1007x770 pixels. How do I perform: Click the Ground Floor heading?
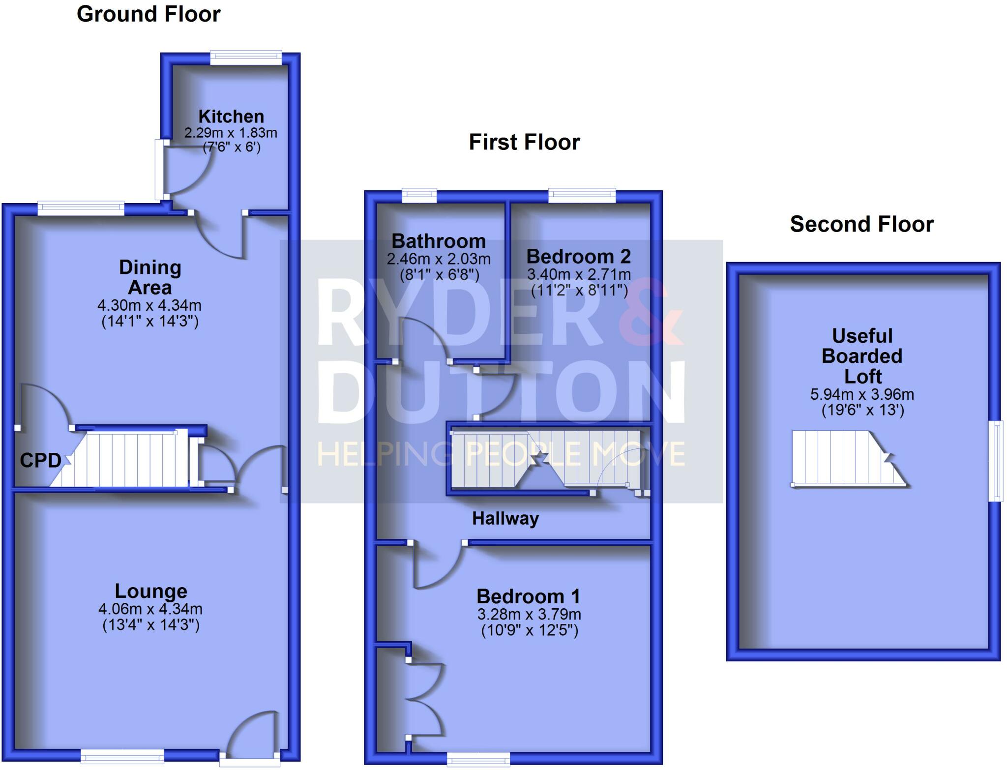(x=148, y=14)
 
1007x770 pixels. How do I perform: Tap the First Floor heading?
(x=524, y=143)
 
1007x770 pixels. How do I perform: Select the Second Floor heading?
(x=861, y=225)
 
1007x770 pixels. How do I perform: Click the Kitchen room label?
(x=231, y=117)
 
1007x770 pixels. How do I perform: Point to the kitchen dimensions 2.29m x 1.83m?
(x=231, y=133)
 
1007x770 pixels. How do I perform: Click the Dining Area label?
(x=150, y=277)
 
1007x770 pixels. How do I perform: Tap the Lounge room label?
(x=151, y=591)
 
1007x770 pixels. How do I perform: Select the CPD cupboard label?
(x=40, y=460)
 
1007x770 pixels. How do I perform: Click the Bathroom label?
(x=439, y=241)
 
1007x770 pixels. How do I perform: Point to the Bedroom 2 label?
(x=578, y=257)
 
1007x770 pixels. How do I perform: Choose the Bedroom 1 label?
(x=529, y=596)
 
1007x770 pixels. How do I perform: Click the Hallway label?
(x=505, y=519)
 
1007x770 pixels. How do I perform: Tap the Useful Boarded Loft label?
(x=862, y=356)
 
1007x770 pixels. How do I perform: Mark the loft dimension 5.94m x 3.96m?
(x=862, y=394)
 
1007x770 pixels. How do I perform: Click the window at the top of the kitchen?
(x=246, y=58)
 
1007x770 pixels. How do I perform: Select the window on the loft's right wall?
(x=996, y=460)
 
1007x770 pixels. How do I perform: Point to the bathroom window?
(x=419, y=196)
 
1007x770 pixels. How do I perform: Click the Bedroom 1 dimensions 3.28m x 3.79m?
(x=529, y=615)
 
